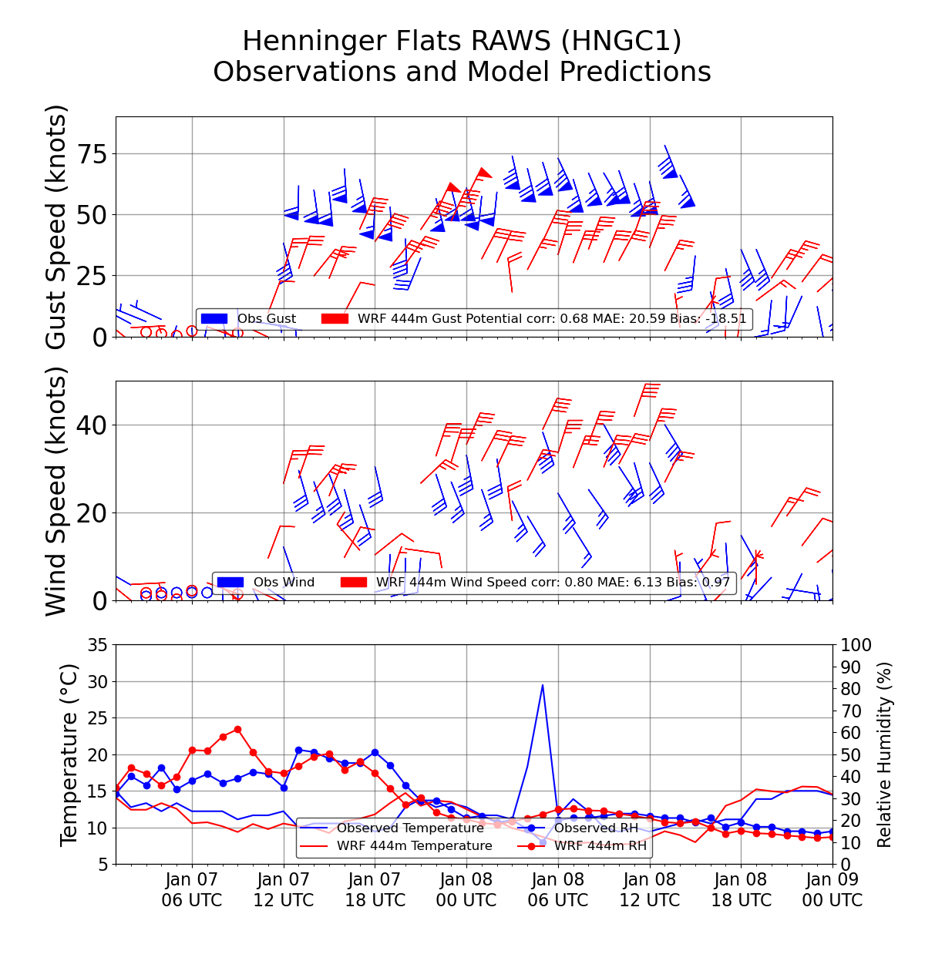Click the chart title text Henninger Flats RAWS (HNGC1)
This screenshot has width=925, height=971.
pos(462,41)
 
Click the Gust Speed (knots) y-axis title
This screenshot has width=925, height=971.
pos(57,227)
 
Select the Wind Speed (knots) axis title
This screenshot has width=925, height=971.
pos(57,491)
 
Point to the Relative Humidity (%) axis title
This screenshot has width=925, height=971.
pos(884,754)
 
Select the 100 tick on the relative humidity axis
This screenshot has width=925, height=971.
pos(856,645)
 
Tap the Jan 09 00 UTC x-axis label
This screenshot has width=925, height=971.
pos(832,889)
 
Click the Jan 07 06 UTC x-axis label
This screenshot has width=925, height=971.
pos(192,889)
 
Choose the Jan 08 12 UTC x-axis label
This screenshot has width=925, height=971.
pos(649,889)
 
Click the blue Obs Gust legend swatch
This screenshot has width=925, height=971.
pos(214,318)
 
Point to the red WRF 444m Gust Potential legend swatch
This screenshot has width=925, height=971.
pos(335,318)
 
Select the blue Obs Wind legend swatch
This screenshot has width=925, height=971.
pos(230,583)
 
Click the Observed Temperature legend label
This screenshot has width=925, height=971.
pos(410,828)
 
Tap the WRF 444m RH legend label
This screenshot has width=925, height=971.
pos(600,846)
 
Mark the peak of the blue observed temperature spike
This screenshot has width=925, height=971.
pos(543,684)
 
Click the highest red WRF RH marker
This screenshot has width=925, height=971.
pos(237,729)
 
